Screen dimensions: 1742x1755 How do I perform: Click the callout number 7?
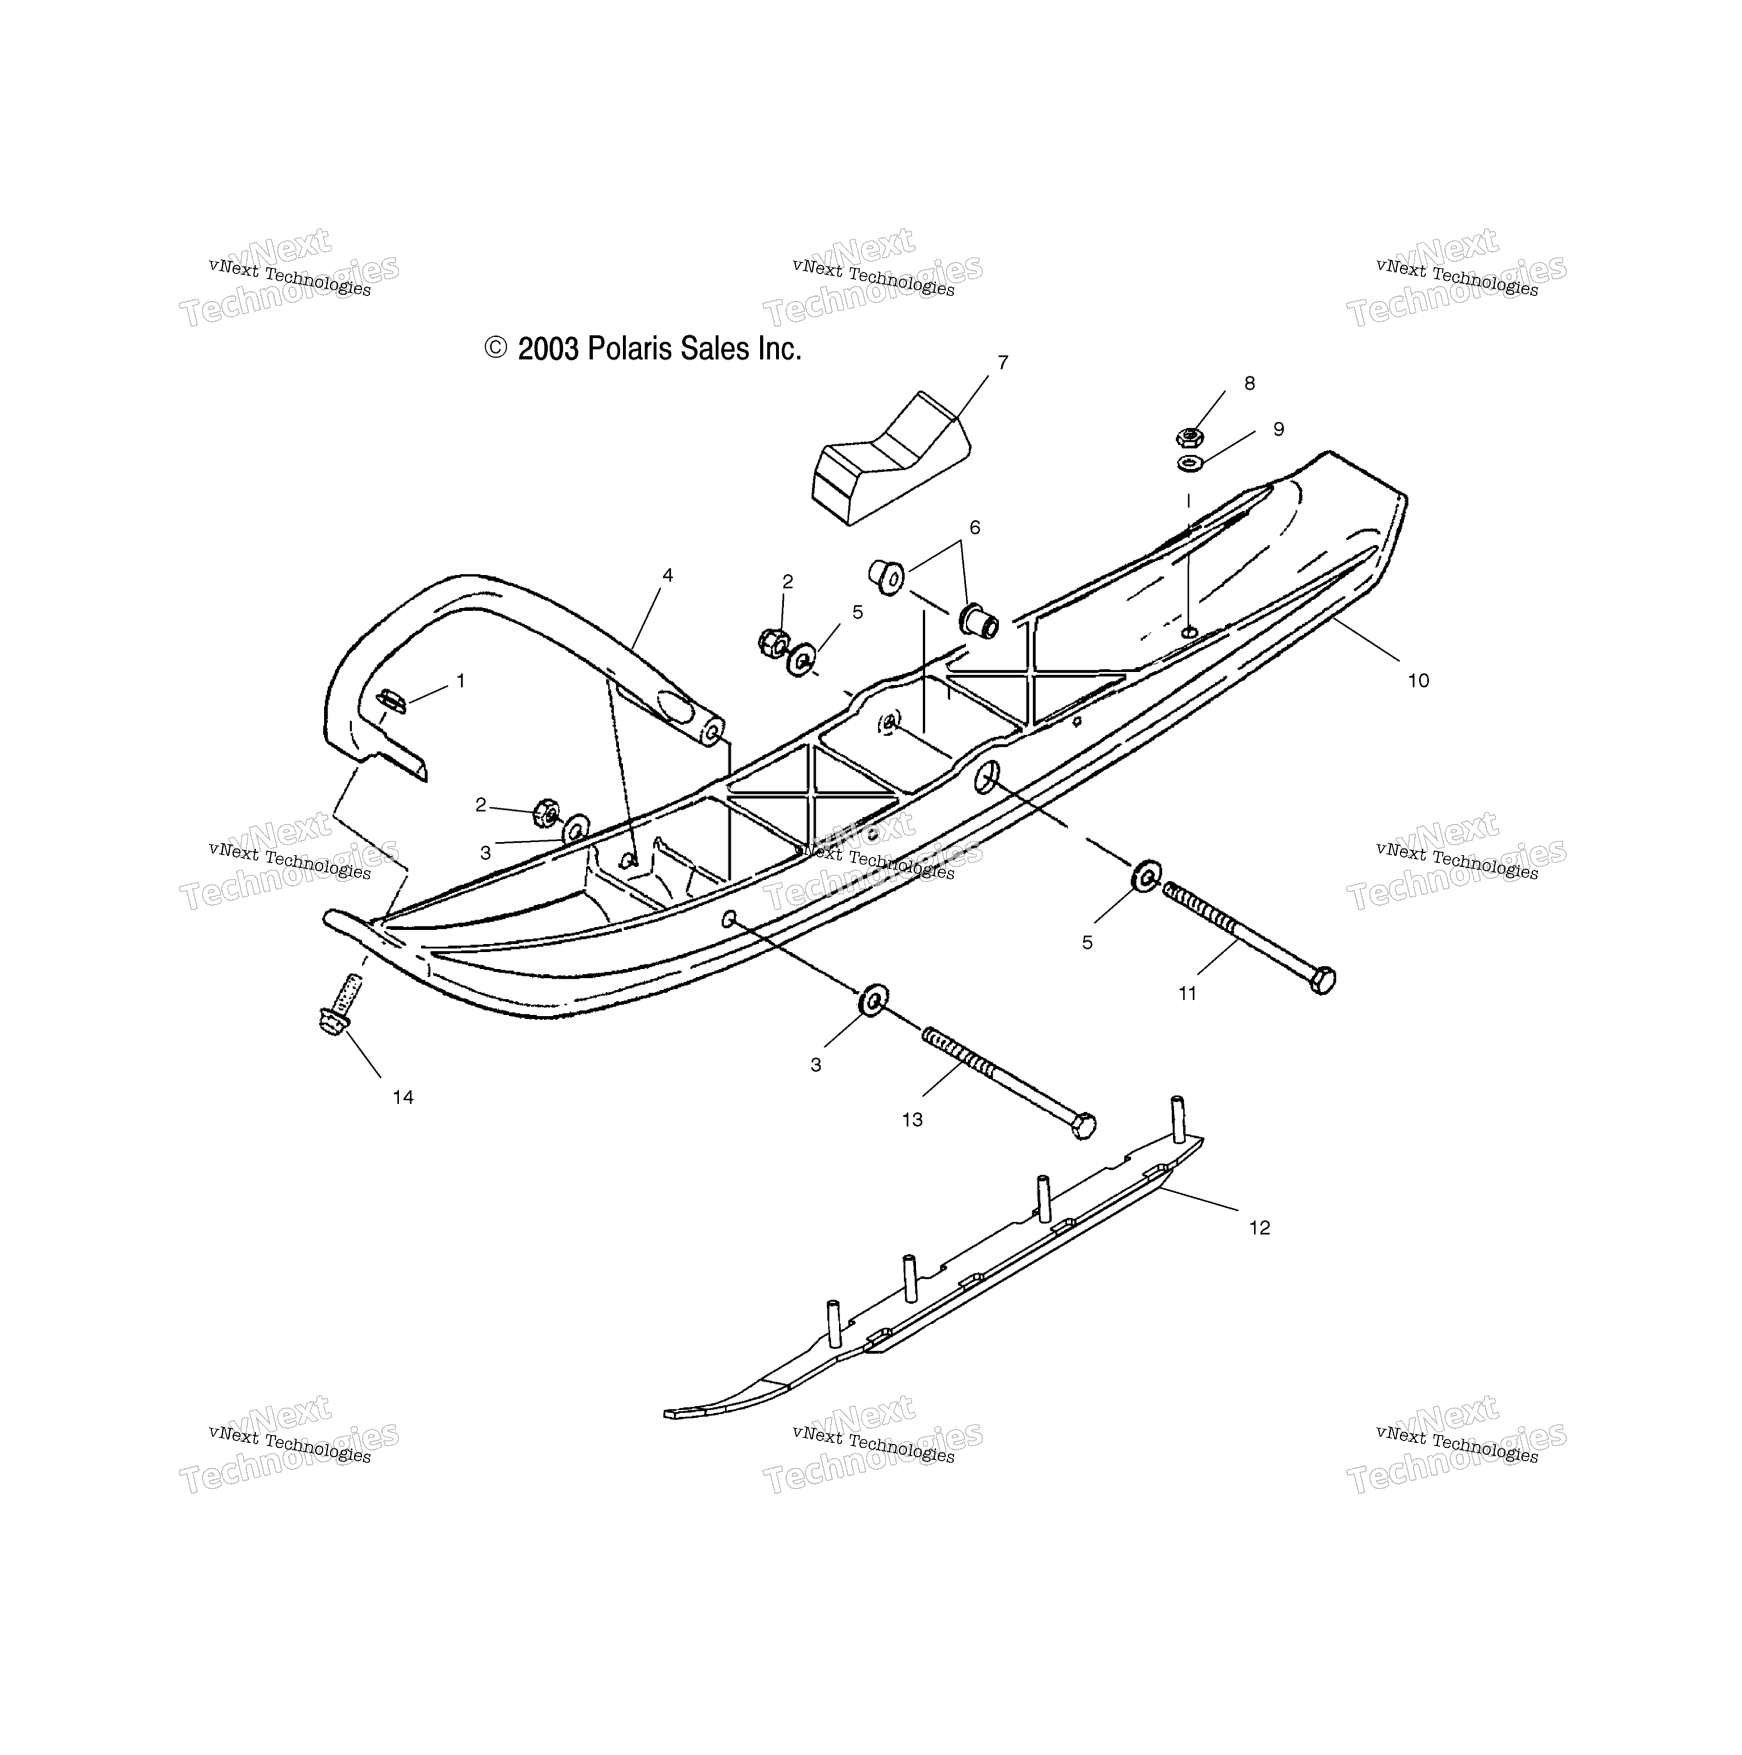1003,362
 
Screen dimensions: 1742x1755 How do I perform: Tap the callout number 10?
1419,680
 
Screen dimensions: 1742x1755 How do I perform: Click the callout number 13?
912,1120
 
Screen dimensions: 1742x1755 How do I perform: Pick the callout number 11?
1187,994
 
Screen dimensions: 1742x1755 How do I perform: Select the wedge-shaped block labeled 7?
890,458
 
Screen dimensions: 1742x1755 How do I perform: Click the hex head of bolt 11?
1322,980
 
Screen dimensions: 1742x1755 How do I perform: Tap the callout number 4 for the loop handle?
668,575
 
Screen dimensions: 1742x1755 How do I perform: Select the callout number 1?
460,680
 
